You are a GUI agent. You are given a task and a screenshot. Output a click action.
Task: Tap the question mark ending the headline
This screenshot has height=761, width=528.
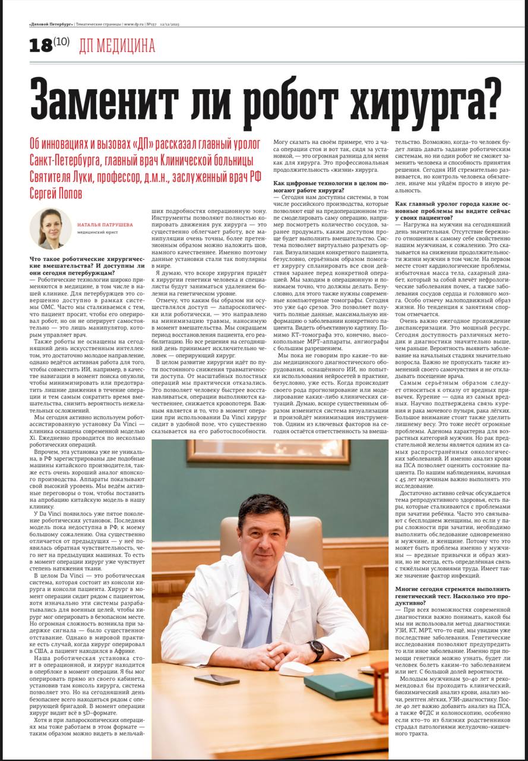[486, 97]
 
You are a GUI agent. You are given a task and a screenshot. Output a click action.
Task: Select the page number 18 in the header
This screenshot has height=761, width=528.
[40, 46]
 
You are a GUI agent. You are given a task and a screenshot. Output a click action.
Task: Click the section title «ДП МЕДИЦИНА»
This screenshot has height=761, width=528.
[117, 46]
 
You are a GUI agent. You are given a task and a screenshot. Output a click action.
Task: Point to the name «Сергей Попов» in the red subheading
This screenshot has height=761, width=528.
[56, 194]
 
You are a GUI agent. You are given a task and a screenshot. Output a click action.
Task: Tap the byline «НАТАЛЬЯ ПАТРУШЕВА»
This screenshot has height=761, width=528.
[105, 225]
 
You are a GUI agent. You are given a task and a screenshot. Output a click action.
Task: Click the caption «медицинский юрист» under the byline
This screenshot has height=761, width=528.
[98, 232]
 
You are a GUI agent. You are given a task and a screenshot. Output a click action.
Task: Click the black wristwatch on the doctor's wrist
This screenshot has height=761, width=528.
[317, 648]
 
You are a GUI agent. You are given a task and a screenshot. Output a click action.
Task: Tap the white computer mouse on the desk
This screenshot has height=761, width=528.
[296, 668]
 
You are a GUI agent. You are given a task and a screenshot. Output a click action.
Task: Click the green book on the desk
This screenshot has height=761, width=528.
[338, 685]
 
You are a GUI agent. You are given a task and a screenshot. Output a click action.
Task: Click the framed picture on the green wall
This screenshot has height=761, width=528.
[267, 452]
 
